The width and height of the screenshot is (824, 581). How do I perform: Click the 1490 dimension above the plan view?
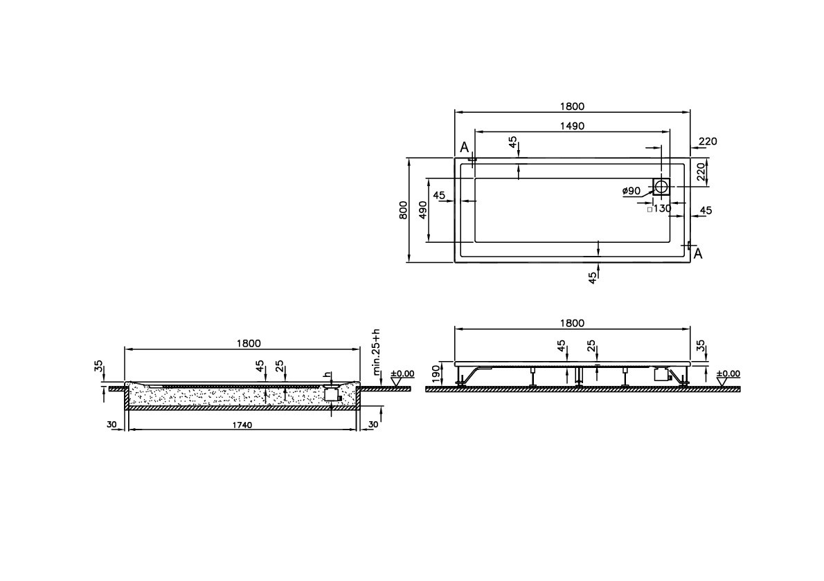pyautogui.click(x=572, y=126)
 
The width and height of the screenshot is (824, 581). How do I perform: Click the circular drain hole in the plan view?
pyautogui.click(x=661, y=186)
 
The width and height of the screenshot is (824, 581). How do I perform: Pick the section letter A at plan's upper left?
pyautogui.click(x=464, y=147)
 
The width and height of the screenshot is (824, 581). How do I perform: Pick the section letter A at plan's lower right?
pyautogui.click(x=698, y=254)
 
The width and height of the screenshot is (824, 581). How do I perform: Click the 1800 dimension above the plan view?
pyautogui.click(x=572, y=107)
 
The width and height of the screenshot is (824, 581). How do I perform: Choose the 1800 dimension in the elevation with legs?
pyautogui.click(x=572, y=323)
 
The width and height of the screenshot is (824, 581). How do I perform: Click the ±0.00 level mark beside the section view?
pyautogui.click(x=402, y=373)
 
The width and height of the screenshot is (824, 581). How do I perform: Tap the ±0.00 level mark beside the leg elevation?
pyautogui.click(x=728, y=373)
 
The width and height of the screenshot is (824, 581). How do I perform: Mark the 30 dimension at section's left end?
pyautogui.click(x=111, y=424)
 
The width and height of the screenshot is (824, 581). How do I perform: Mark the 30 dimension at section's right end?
pyautogui.click(x=372, y=424)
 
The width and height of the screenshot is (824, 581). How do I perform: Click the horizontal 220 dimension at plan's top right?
pyautogui.click(x=707, y=142)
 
